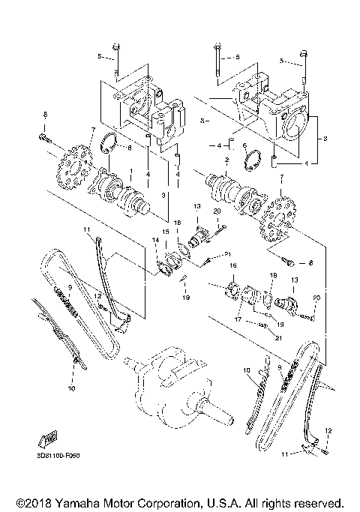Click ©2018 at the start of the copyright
point(28,501)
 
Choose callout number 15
point(166,232)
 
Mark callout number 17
point(238,317)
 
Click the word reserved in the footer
point(320,501)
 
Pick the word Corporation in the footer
point(166,501)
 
